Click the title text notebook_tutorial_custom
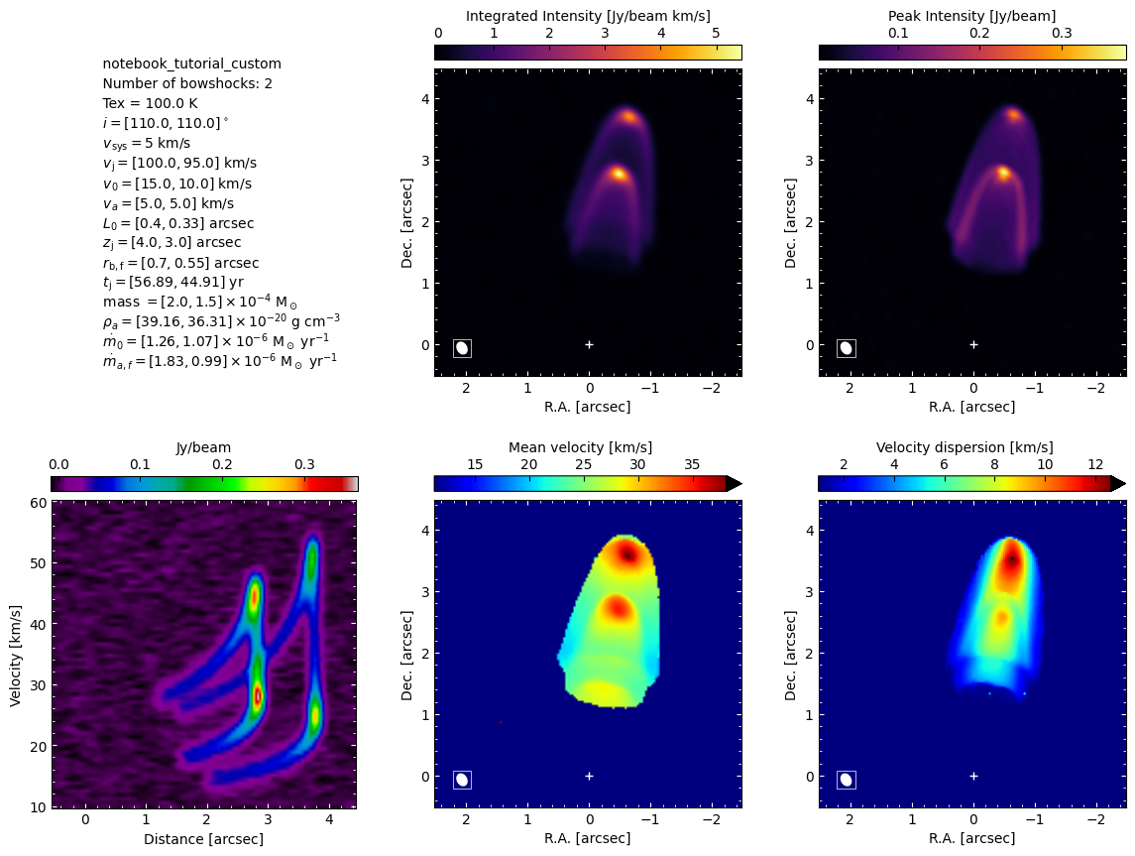click(192, 63)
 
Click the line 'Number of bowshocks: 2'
click(187, 83)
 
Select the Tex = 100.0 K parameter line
click(150, 103)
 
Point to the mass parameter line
click(200, 302)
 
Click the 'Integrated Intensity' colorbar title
click(588, 16)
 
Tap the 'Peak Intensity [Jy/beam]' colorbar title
click(972, 16)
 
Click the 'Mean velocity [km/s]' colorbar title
click(581, 447)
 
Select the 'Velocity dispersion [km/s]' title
click(965, 447)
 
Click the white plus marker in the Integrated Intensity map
click(589, 345)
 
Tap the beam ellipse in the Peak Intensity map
click(846, 348)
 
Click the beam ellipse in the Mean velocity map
click(462, 780)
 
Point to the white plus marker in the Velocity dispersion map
click(973, 777)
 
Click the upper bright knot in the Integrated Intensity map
click(628, 117)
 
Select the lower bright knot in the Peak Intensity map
click(1003, 173)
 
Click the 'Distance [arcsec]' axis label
click(203, 839)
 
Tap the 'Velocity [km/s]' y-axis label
click(15, 656)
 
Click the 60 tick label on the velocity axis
click(39, 503)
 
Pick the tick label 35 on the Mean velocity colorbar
click(692, 465)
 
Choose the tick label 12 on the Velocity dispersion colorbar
click(1095, 465)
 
